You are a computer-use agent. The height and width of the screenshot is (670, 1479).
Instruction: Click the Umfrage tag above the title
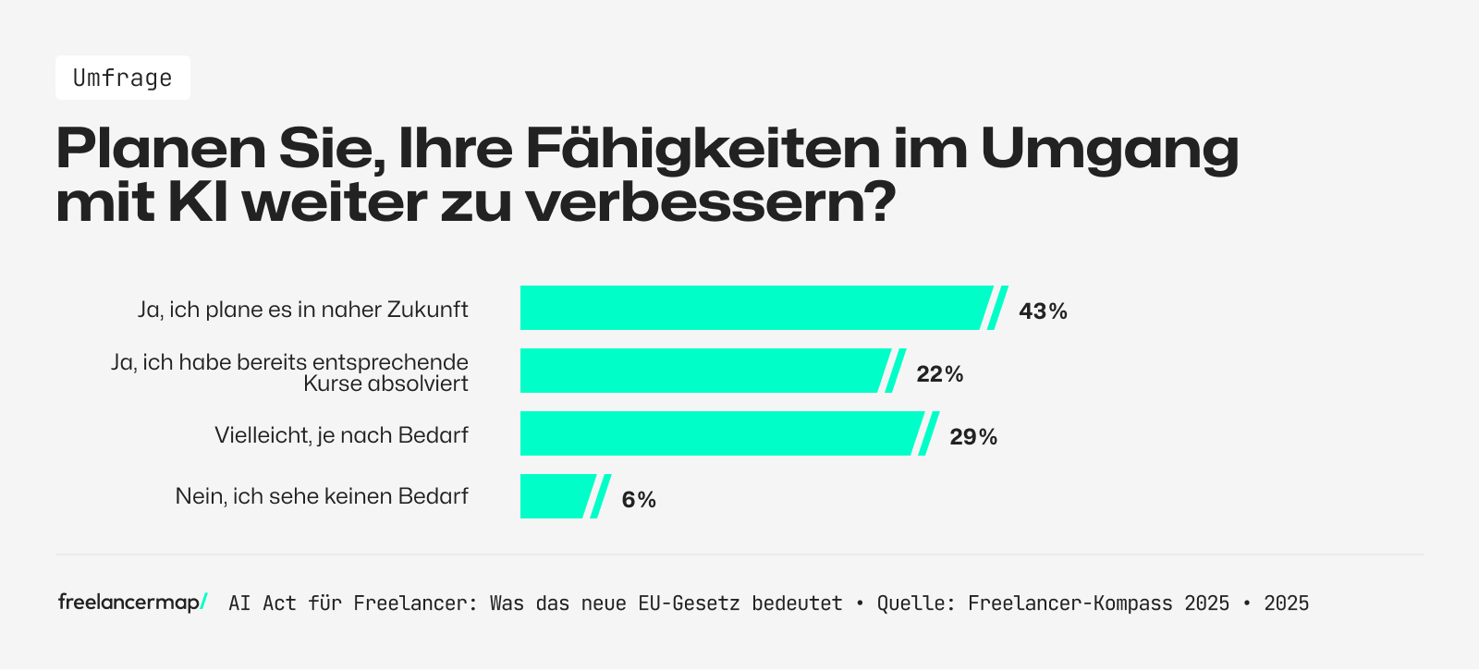pos(122,78)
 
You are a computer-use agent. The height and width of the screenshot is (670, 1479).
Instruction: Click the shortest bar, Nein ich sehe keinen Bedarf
pos(555,496)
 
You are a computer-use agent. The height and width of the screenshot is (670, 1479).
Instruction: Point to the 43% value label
pos(1043,311)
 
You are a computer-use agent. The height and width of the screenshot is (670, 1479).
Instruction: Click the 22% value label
pos(939,374)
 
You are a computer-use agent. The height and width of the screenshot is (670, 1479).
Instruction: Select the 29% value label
pos(973,437)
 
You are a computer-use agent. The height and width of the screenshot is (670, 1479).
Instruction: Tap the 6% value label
pos(639,500)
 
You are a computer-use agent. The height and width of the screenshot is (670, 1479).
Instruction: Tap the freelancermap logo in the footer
pos(132,603)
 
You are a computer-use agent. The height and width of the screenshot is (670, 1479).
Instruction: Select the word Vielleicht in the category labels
pos(262,435)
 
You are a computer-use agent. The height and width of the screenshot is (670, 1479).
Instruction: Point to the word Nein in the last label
pos(200,496)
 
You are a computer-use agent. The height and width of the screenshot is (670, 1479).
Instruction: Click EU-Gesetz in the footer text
pos(689,603)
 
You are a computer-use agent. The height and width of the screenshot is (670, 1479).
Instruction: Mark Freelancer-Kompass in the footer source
pos(1070,603)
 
